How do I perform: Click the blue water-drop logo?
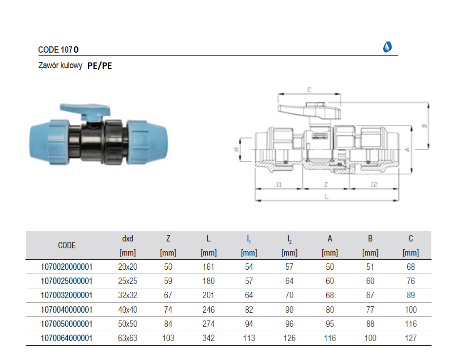pos(388,47)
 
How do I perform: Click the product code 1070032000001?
pos(67,295)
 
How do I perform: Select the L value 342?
pos(208,338)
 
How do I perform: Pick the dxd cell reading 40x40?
pos(127,309)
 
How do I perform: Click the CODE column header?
pos(67,245)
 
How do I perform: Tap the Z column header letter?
pos(168,239)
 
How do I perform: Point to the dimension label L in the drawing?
pos(326,196)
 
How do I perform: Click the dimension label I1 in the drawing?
pos(278,184)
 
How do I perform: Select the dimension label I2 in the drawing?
pos(374,184)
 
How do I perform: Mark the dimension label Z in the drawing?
pos(326,184)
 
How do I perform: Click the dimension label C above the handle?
pos(309,89)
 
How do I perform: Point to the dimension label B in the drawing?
pos(424,126)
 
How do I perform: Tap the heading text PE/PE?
pos(99,66)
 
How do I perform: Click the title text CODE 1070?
pos(58,49)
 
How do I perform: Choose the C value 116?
pos(411,323)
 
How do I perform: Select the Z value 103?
pos(168,338)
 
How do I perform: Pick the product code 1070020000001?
pos(67,267)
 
